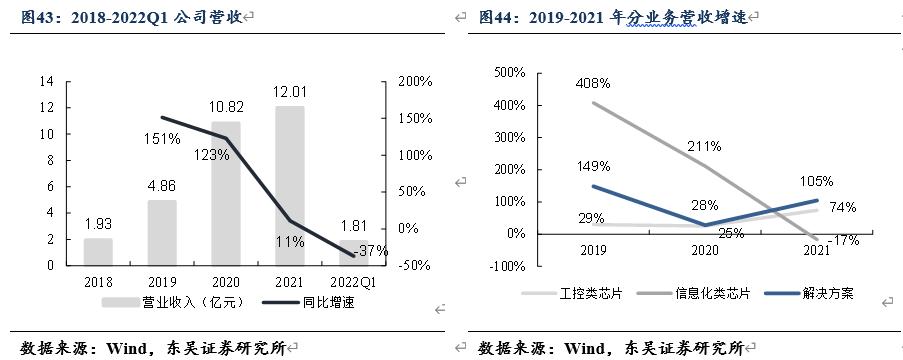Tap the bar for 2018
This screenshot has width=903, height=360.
(x=98, y=251)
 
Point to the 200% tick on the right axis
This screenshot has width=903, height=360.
(x=410, y=81)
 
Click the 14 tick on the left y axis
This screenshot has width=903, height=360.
(x=47, y=81)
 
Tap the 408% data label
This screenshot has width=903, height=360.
(x=592, y=83)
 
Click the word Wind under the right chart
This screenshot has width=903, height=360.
(x=587, y=348)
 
